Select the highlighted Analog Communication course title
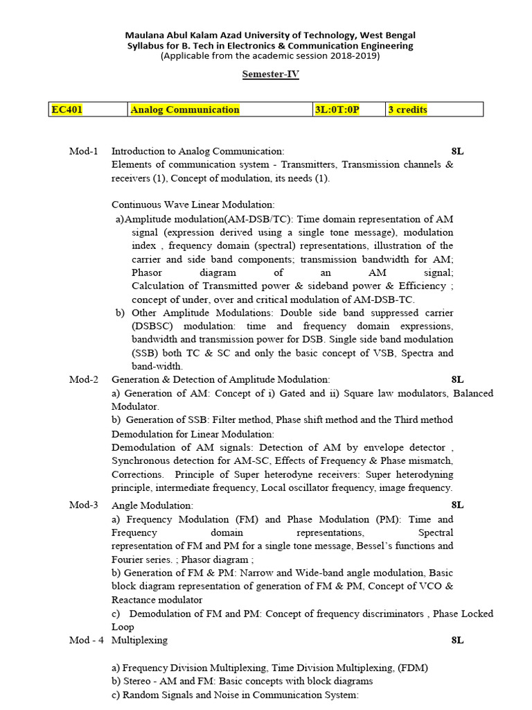click(185, 110)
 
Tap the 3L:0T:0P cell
click(337, 110)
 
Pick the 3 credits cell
click(407, 110)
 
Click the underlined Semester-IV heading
click(270, 74)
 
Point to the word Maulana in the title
click(143, 35)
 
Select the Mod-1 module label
click(84, 151)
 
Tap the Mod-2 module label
click(84, 379)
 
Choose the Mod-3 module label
click(84, 505)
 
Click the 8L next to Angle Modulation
click(457, 505)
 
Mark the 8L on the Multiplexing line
click(457, 640)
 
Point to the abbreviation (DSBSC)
click(152, 326)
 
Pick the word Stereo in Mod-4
click(138, 682)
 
